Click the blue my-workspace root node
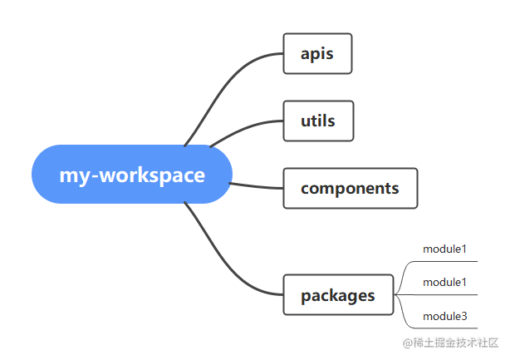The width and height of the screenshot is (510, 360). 132,174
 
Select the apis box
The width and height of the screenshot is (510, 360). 317,53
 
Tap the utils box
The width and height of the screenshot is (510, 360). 318,121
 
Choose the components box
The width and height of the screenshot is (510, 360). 351,188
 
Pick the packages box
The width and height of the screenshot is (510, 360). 338,295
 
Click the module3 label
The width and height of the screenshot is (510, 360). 444,316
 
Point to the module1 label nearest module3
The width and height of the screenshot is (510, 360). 444,282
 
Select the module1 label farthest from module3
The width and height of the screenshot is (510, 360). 444,249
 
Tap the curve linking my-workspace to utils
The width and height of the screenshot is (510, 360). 244,129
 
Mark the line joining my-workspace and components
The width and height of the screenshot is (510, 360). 256,186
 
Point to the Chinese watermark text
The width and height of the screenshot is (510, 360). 450,343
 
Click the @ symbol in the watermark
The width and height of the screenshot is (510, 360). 408,343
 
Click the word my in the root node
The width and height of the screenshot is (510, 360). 75,177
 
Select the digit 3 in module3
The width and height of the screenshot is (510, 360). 464,316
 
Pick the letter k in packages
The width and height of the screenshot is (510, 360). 333,295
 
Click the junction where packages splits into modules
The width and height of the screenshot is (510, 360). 395,295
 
